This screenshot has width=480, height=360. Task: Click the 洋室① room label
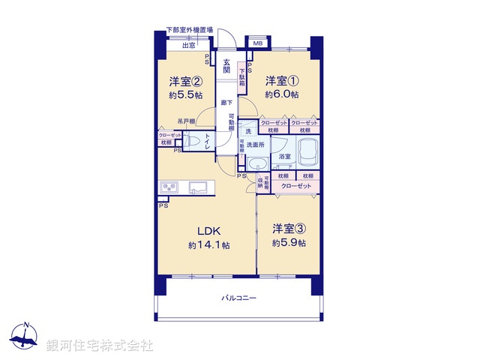(283, 81)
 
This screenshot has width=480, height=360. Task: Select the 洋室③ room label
(289, 229)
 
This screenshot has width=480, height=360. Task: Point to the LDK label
(208, 230)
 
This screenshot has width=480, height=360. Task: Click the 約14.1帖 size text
(208, 245)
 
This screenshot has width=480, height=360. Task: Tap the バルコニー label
(239, 298)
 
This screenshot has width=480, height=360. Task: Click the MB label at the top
(256, 43)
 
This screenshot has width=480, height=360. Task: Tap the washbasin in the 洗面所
(258, 164)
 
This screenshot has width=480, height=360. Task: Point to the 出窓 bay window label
(187, 45)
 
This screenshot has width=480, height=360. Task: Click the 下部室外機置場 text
(190, 30)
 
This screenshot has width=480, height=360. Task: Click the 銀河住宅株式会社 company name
(100, 346)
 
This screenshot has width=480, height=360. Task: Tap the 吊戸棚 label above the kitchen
(187, 121)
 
